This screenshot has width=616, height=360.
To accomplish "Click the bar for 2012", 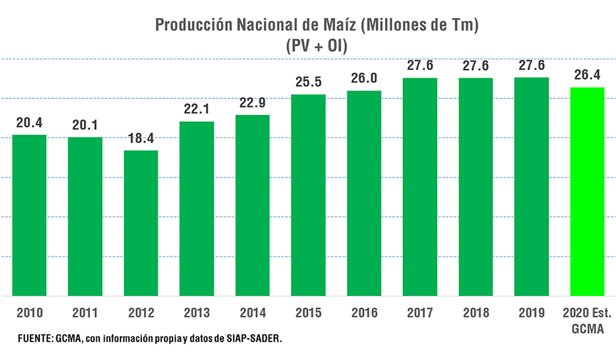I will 141,222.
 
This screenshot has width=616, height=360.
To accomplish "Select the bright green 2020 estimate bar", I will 587,191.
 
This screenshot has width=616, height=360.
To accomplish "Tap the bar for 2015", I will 308,195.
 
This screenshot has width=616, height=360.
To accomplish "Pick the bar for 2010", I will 29,215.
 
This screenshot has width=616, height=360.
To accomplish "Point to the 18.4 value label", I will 141,138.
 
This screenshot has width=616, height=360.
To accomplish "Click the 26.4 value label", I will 587,75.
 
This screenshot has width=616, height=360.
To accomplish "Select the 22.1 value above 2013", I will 197,109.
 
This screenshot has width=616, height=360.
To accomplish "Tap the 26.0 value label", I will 364,78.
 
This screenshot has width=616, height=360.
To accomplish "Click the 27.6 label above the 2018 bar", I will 476,66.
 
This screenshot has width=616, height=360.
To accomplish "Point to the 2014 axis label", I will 252,313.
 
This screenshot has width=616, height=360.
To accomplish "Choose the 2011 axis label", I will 85,313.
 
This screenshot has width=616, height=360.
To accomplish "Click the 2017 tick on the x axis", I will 420,313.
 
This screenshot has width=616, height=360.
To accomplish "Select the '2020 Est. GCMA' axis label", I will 587,321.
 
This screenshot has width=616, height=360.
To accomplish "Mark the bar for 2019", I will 532,186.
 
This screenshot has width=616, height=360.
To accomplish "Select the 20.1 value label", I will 85,125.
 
